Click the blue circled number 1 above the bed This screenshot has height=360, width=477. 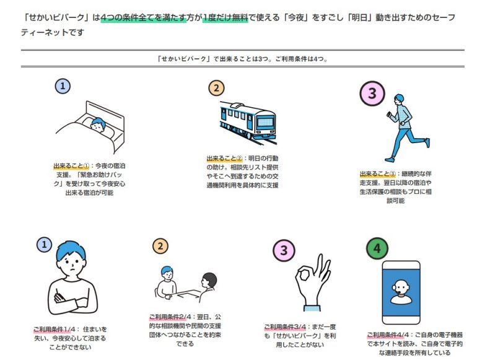click(63, 86)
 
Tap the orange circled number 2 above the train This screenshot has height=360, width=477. click(216, 88)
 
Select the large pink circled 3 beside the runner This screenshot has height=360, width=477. click(372, 93)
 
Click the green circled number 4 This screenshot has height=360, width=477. click(377, 248)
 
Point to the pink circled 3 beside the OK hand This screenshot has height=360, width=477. click(284, 250)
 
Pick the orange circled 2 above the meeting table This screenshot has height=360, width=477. click(160, 246)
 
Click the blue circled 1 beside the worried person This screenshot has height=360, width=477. click(44, 244)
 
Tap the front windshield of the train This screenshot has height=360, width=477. click(265, 122)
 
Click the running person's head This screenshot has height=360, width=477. click(399, 100)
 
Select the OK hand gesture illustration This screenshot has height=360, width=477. click(313, 282)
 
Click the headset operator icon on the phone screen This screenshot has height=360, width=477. click(401, 291)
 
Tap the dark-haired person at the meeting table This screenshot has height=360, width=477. click(208, 286)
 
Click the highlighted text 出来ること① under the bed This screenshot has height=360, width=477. click(71, 166)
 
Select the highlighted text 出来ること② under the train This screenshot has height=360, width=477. click(224, 158)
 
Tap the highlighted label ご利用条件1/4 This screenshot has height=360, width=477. click(54, 329)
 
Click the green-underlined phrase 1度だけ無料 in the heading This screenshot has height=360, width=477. click(225, 17)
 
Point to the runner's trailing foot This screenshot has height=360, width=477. click(427, 143)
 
